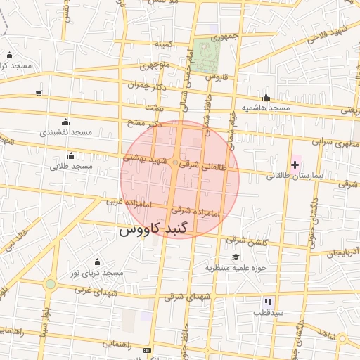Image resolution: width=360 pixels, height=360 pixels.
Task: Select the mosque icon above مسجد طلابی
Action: [71, 155]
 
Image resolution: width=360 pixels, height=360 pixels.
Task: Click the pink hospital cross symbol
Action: [295, 164]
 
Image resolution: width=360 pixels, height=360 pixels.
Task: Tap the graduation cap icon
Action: [236, 257]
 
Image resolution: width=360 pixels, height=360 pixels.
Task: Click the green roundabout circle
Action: [50, 284]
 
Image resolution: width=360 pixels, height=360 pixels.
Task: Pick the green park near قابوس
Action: [207, 58]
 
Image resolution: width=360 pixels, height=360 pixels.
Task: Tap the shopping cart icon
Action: [39, 93]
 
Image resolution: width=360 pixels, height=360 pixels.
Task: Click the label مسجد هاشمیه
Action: [266, 108]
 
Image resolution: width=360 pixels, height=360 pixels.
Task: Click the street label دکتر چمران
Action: [149, 84]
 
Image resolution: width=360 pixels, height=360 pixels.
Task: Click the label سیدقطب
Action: [268, 311]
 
